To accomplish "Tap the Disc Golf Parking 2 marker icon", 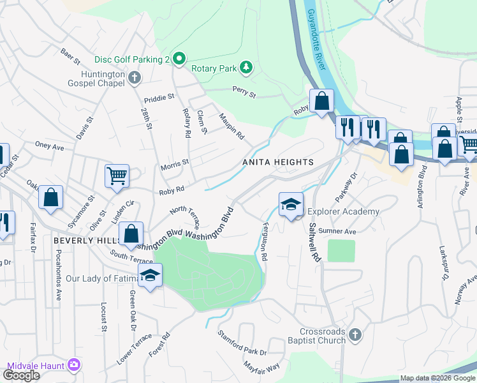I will point(179,59).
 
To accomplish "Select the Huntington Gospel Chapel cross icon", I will point(134,78).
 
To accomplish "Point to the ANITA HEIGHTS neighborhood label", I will point(278,162).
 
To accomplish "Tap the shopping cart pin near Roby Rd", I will point(117,176).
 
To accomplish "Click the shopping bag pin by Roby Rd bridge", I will point(322,101).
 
